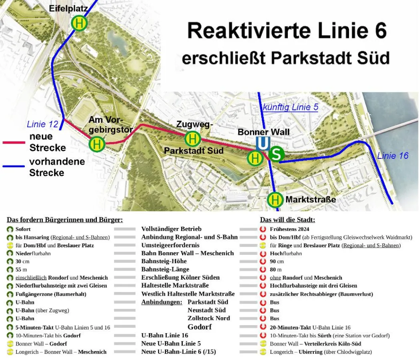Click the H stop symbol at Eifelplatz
79,24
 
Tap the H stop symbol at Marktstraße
275,199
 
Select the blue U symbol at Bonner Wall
263,143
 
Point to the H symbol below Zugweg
192,139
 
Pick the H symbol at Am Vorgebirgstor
97,144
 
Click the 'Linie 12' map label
42,124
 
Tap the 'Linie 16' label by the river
393,156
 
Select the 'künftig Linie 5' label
290,107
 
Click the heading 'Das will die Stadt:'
287,220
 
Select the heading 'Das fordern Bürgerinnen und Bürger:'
65,220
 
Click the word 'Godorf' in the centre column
199,327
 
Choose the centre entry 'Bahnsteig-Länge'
165,269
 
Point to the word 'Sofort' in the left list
23,229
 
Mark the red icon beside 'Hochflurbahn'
263,253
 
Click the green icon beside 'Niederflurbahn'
10,253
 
